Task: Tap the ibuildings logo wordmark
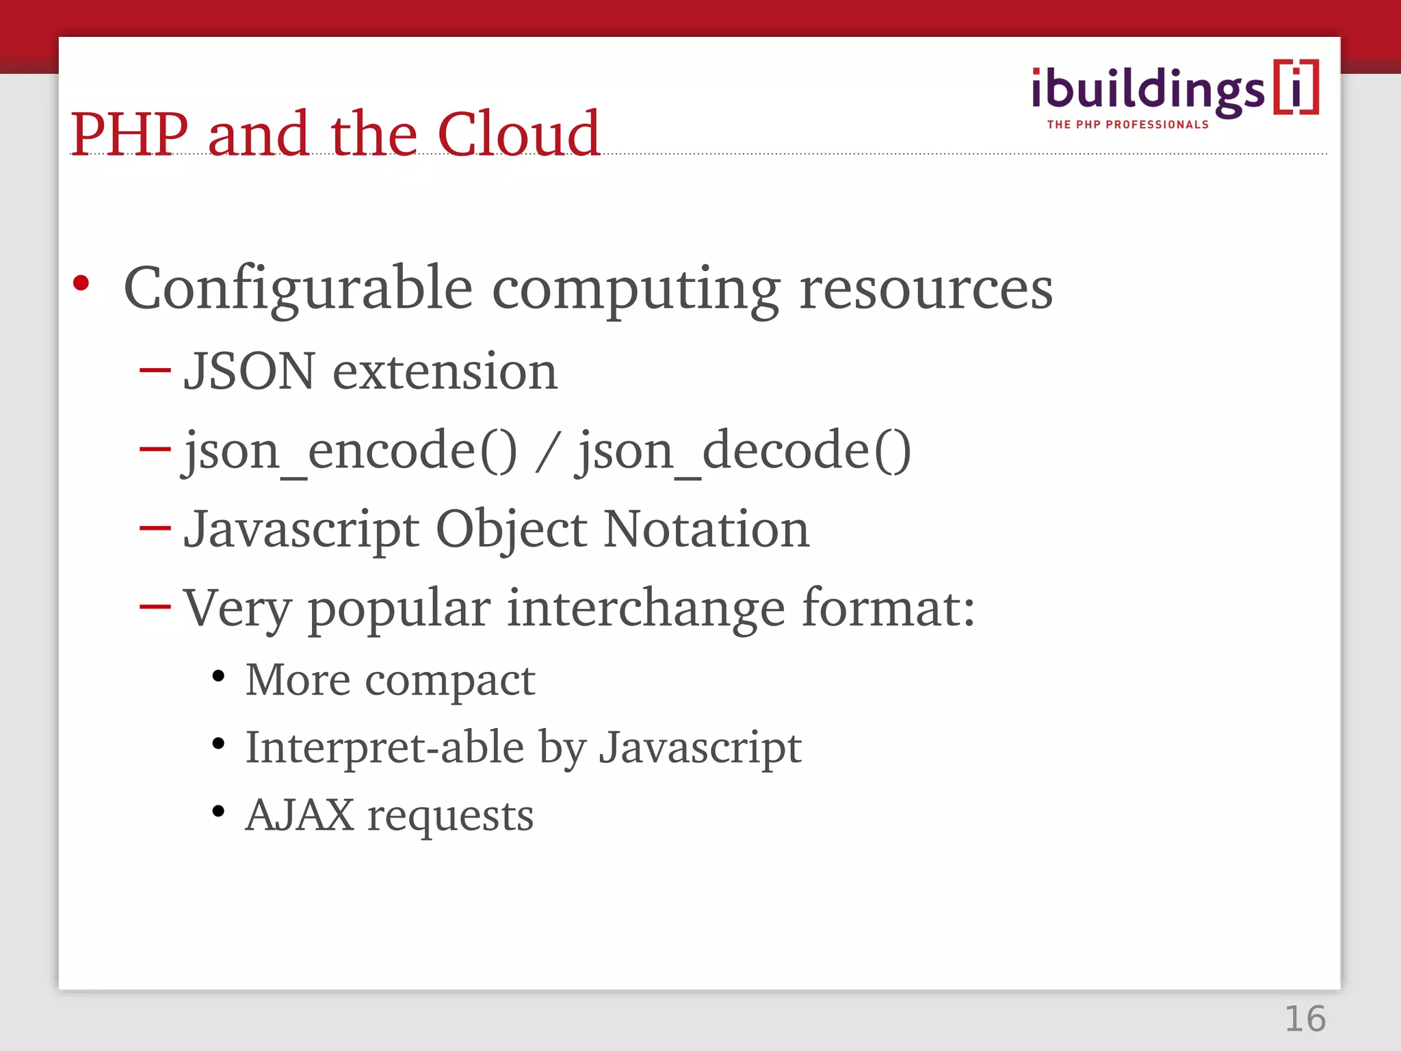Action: click(x=1148, y=90)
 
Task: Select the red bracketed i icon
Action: click(x=1296, y=87)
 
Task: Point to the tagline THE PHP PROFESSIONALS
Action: click(x=1127, y=125)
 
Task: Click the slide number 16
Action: click(x=1305, y=1019)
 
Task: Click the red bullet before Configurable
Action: click(x=81, y=283)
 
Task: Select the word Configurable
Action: click(x=298, y=289)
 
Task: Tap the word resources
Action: click(x=926, y=289)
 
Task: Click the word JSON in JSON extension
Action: click(x=250, y=372)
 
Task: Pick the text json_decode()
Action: click(x=744, y=451)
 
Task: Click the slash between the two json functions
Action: click(x=547, y=451)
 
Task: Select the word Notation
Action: click(x=706, y=529)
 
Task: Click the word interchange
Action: click(x=646, y=608)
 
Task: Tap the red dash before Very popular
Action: click(x=155, y=606)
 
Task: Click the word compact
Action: click(x=449, y=681)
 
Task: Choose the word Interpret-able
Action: click(x=384, y=747)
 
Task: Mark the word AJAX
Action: click(x=300, y=815)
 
